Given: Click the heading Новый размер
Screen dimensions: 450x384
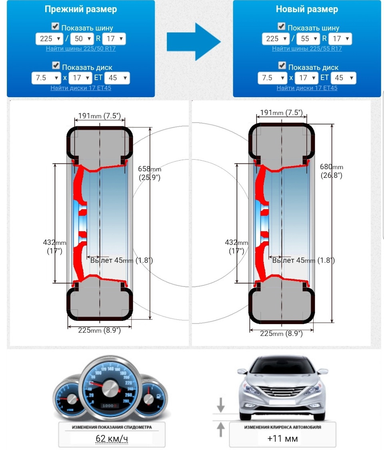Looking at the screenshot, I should pos(307,10).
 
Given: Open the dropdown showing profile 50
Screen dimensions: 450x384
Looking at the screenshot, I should pos(82,39).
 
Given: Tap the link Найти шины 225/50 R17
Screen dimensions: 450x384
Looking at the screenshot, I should pos(81,48).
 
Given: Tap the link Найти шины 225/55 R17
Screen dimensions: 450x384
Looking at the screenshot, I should pos(307,48).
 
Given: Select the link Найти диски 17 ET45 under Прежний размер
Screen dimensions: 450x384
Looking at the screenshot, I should pos(81,88).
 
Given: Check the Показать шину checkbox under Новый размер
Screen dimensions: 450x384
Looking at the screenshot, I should pos(282,26).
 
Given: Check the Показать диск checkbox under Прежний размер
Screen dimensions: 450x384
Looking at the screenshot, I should pos(56,65).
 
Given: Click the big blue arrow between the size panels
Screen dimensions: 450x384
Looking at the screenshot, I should pos(194,42).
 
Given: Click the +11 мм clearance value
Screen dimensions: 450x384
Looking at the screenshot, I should pos(282,438).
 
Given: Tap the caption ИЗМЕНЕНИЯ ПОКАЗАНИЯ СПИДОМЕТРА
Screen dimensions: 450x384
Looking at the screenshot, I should pos(112,427).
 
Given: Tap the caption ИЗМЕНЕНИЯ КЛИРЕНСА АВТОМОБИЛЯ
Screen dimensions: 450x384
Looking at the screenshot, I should pos(282,427).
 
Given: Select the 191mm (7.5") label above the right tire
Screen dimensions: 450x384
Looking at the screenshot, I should pos(282,113).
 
